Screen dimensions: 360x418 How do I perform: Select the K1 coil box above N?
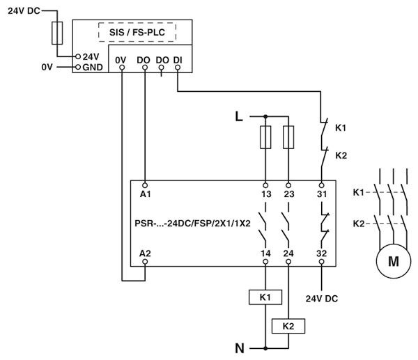(x=264, y=297)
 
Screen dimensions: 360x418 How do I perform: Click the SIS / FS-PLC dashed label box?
(x=141, y=32)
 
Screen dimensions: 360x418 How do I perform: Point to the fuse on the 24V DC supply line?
(x=59, y=32)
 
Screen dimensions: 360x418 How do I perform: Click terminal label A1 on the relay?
(x=145, y=194)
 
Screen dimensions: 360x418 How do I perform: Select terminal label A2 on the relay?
(x=145, y=253)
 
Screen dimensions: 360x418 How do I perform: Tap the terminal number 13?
(x=265, y=194)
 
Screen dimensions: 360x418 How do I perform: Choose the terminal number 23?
(x=288, y=194)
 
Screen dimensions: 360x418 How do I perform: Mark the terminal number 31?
(x=321, y=194)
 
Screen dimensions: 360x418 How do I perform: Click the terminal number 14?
(x=265, y=253)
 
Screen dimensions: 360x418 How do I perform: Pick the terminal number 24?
(x=288, y=253)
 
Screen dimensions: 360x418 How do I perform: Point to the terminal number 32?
(x=321, y=253)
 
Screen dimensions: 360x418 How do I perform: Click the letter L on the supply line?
(x=239, y=116)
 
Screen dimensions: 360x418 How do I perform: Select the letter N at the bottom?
(x=239, y=347)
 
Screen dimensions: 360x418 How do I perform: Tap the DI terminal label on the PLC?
(x=178, y=61)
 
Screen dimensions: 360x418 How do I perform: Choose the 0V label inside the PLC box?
(x=121, y=61)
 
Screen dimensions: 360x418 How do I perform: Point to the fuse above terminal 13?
(x=265, y=136)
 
